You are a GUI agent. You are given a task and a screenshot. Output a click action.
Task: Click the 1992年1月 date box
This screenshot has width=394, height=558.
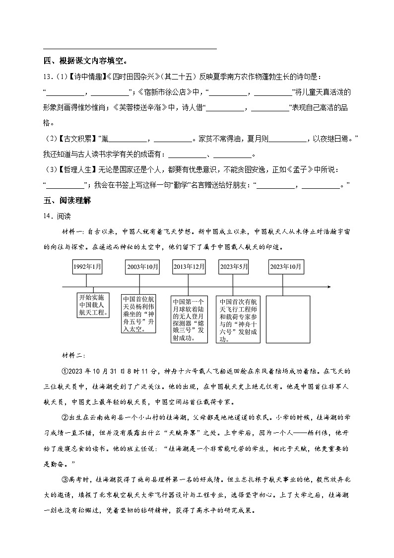point(87,267)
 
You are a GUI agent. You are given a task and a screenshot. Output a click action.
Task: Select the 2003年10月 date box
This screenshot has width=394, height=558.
point(143,267)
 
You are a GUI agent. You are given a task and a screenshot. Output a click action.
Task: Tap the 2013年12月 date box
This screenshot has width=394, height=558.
point(189,267)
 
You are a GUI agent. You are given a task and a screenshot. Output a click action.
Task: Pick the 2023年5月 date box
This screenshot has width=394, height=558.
point(233,267)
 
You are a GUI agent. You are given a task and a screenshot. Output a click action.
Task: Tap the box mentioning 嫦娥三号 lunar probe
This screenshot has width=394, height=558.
point(189,319)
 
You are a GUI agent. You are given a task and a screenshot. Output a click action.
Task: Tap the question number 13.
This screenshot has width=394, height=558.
point(48,77)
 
